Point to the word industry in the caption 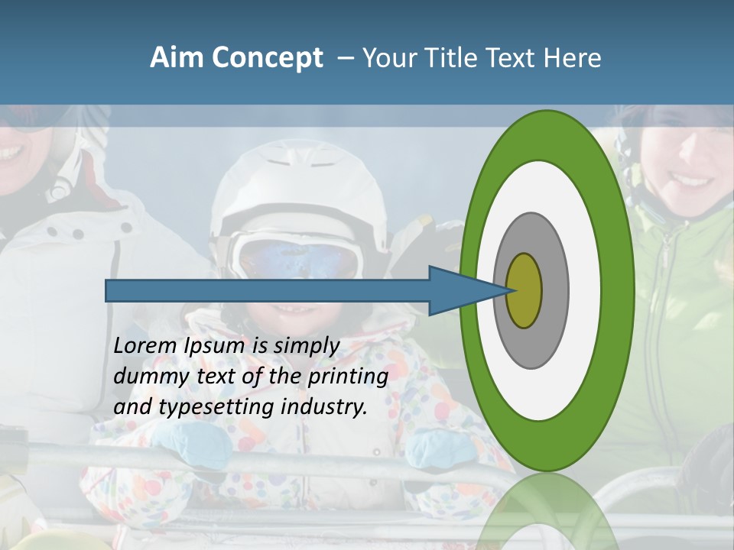click(x=324, y=407)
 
